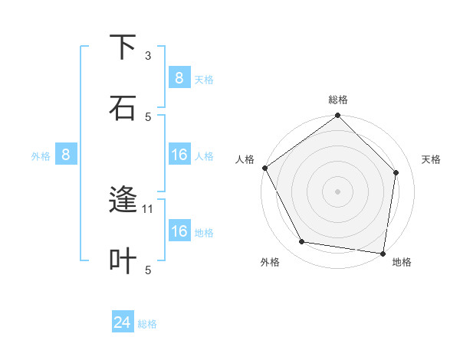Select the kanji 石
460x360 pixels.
click(123, 107)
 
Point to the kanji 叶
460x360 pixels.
click(123, 260)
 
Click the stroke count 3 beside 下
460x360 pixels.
click(148, 56)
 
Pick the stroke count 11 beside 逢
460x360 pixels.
click(149, 208)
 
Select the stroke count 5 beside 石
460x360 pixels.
click(148, 116)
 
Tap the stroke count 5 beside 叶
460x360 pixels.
click(148, 270)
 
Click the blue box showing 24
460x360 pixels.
click(123, 323)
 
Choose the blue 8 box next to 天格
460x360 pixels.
click(179, 77)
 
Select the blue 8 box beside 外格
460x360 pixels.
click(66, 155)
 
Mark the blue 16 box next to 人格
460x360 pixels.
click(179, 155)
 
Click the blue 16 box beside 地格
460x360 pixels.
click(179, 231)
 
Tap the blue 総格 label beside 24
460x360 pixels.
click(147, 324)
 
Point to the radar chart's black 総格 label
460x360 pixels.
click(338, 100)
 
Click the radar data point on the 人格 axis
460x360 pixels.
click(265, 168)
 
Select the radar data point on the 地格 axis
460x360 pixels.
click(383, 253)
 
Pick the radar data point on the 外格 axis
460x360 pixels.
click(302, 242)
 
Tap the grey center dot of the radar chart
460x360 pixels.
click(338, 191)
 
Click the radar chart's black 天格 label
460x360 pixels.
click(431, 159)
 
